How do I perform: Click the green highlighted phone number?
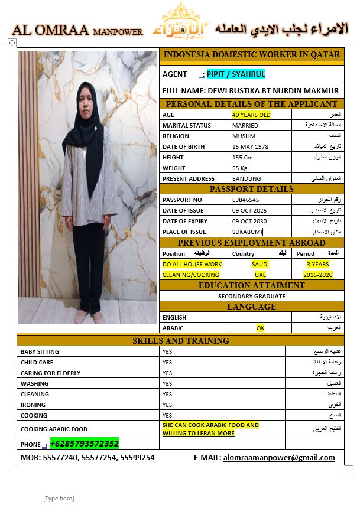pyautogui.click(x=85, y=443)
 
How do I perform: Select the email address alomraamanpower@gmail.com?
pyautogui.click(x=279, y=457)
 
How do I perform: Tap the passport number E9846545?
pyautogui.click(x=245, y=200)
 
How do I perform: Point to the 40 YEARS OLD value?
pyautogui.click(x=251, y=115)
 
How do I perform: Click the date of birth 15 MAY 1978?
pyautogui.click(x=250, y=146)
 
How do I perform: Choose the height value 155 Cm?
pyautogui.click(x=242, y=157)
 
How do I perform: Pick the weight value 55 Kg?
pyautogui.click(x=240, y=168)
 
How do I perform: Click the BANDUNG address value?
pyautogui.click(x=247, y=178)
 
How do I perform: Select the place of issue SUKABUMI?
pyautogui.click(x=247, y=232)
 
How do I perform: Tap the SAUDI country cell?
pyautogui.click(x=260, y=264)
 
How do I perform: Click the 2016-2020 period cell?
pyautogui.click(x=318, y=275)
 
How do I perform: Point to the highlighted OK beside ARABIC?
pyautogui.click(x=260, y=327)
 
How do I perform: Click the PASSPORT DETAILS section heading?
pyautogui.click(x=251, y=189)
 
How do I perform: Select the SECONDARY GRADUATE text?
pyautogui.click(x=251, y=296)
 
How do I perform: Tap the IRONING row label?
pyautogui.click(x=33, y=405)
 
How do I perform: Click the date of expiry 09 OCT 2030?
pyautogui.click(x=249, y=222)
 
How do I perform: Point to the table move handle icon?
pyautogui.click(x=12, y=43)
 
